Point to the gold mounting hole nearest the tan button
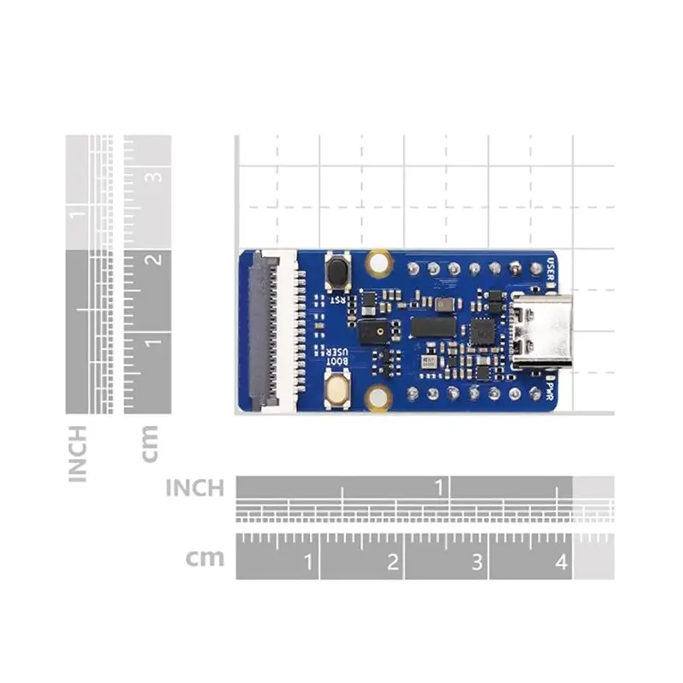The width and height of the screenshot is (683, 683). pos(377,396)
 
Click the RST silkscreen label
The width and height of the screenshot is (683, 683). pos(338,299)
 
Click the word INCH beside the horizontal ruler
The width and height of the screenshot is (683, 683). pos(194,488)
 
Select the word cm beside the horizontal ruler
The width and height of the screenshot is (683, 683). pos(205,558)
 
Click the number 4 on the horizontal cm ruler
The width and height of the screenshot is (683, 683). pos(560,563)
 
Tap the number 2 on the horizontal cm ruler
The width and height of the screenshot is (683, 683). pos(392,563)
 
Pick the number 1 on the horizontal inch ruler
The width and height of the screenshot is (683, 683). pos(441,488)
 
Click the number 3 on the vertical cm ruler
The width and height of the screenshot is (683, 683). pos(155,178)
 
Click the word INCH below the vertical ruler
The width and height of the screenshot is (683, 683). pos(78,452)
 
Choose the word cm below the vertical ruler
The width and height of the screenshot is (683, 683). pos(149,444)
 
